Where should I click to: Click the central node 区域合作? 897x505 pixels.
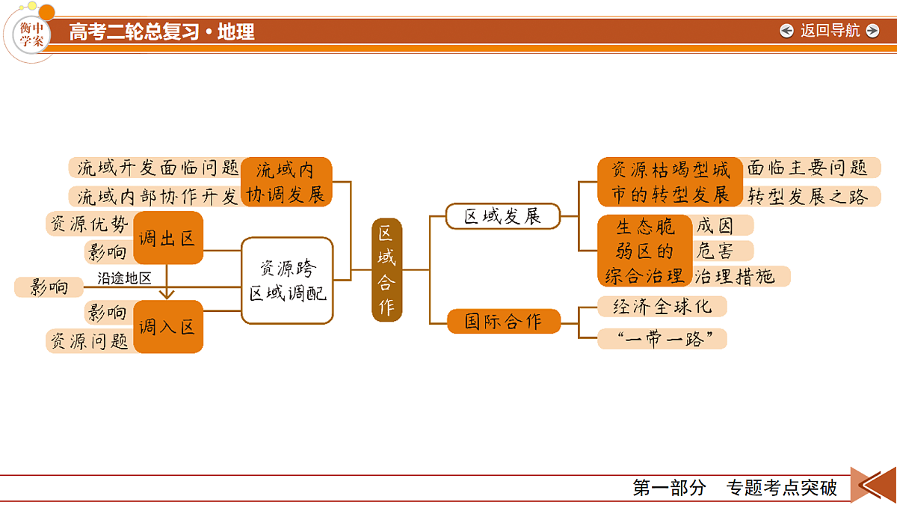[386, 270]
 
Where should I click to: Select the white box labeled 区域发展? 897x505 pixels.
[503, 216]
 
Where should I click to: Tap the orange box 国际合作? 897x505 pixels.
[503, 321]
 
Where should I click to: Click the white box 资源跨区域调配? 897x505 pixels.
[287, 281]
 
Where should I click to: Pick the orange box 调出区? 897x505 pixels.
[167, 238]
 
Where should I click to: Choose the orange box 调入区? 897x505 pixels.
[167, 327]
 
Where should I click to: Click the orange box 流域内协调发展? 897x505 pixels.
[286, 182]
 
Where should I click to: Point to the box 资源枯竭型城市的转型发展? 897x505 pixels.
[670, 182]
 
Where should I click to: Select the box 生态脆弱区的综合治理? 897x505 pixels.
[644, 251]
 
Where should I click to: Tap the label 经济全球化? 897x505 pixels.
[662, 307]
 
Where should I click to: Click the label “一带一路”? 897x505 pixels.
[662, 339]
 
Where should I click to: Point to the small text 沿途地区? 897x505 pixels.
[124, 278]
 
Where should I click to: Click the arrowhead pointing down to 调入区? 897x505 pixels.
[167, 296]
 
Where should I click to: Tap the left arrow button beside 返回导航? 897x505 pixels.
[786, 31]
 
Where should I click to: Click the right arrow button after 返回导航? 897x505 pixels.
[872, 31]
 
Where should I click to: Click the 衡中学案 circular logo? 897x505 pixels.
[31, 34]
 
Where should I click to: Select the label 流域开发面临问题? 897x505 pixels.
[158, 168]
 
